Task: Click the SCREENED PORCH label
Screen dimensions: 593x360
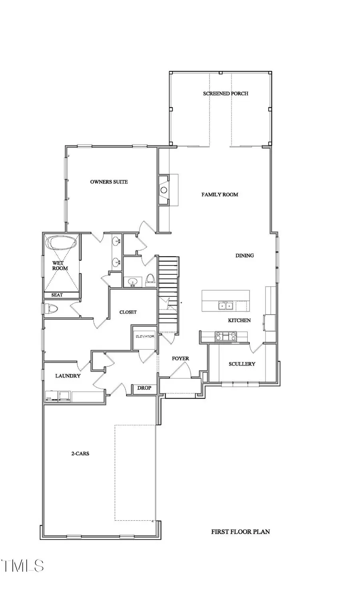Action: point(226,94)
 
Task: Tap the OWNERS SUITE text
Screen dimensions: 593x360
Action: point(109,182)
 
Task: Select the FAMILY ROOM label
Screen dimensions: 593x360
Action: point(220,195)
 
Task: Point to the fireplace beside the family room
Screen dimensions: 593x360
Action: point(164,190)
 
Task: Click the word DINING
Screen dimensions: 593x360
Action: point(244,256)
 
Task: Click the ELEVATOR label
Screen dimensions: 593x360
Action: point(145,337)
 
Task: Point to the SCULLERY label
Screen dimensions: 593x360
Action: point(242,364)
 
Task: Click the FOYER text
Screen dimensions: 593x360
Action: point(180,359)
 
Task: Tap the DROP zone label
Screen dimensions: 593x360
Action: point(144,388)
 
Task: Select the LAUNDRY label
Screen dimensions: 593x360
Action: point(68,376)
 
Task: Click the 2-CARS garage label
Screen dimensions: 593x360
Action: point(80,454)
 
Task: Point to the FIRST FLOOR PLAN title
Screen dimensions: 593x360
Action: point(240,532)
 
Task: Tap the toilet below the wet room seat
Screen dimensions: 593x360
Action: point(52,309)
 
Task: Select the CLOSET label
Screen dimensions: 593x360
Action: point(128,312)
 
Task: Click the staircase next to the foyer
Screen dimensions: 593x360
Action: point(168,292)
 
